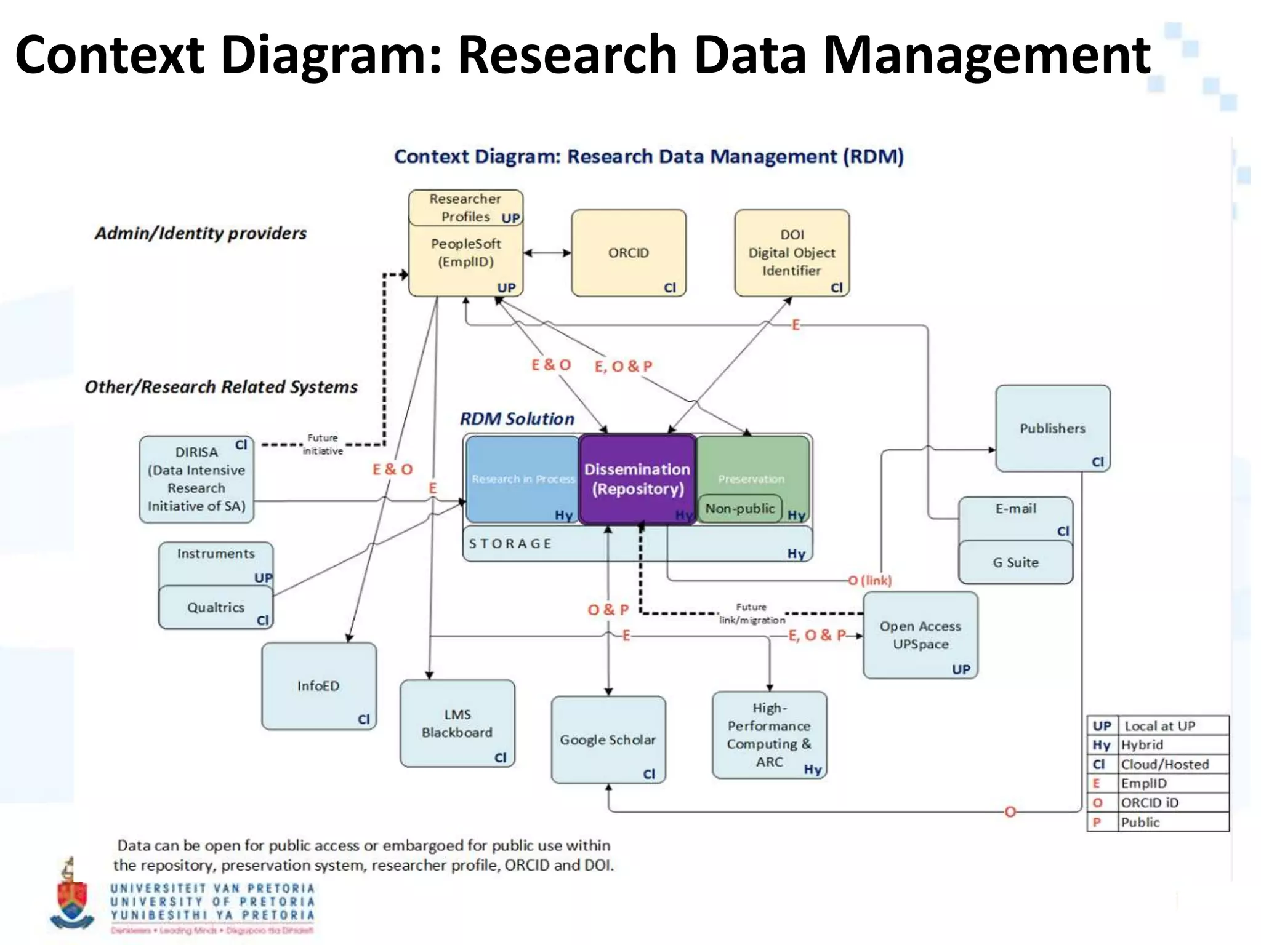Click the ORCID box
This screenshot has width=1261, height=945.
[x=628, y=253]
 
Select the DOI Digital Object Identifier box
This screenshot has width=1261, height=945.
[x=791, y=253]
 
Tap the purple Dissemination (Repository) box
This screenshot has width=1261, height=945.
[x=637, y=479]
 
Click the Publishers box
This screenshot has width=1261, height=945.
[x=1052, y=428]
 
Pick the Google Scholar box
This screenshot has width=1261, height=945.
[x=608, y=740]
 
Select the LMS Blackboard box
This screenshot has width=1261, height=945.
[x=457, y=724]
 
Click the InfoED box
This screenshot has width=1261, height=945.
[x=318, y=686]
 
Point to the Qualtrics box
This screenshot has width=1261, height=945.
[x=216, y=607]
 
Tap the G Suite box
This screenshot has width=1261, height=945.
[x=1015, y=562]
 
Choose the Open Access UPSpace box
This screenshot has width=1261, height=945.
[x=920, y=635]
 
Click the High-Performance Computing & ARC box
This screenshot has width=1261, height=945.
[x=769, y=735]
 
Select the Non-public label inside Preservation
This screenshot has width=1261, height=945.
[x=739, y=509]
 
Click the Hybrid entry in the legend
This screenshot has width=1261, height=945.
[x=1142, y=745]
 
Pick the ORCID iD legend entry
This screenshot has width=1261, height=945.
[x=1150, y=803]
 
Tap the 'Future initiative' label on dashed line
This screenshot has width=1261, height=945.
[x=323, y=444]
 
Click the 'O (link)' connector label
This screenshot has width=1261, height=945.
[x=869, y=580]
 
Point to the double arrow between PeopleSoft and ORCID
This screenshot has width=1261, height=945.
[x=547, y=253]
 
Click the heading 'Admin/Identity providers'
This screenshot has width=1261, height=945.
[x=201, y=233]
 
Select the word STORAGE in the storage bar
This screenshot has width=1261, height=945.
[x=510, y=544]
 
